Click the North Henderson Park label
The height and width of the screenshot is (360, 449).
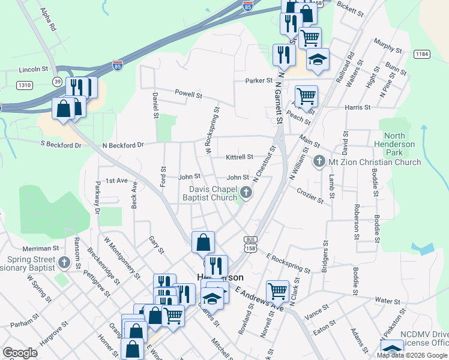pyautogui.click(x=398, y=144)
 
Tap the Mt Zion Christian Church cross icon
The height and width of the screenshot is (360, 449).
pyautogui.click(x=319, y=162)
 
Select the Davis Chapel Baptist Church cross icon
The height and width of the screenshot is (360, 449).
pyautogui.click(x=247, y=193)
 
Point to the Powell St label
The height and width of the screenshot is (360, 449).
pyautogui.click(x=188, y=94)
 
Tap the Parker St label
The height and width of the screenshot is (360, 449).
pyautogui.click(x=258, y=81)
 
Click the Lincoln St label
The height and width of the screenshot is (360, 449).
pyautogui.click(x=33, y=70)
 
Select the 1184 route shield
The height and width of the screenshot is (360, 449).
pyautogui.click(x=422, y=55)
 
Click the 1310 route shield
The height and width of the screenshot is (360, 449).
pyautogui.click(x=25, y=86)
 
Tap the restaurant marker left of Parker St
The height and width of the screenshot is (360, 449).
pyautogui.click(x=283, y=55)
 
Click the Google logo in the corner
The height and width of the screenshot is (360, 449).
pyautogui.click(x=20, y=353)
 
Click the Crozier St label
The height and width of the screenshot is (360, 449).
pyautogui.click(x=310, y=195)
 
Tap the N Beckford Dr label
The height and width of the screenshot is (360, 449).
pyautogui.click(x=124, y=145)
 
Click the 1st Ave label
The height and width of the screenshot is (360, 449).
pyautogui.click(x=117, y=180)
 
